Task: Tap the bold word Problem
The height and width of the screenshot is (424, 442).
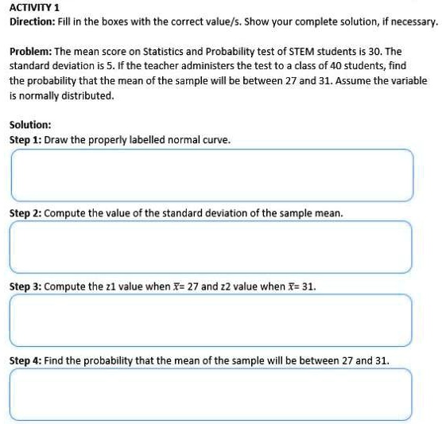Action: pos(30,50)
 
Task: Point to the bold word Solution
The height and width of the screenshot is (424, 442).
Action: pos(30,125)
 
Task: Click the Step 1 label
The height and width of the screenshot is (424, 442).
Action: pos(25,139)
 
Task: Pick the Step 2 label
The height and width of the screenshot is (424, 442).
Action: pos(25,213)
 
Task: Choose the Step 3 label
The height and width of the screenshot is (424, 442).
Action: pos(25,286)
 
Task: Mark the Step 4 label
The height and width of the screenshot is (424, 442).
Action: pos(25,360)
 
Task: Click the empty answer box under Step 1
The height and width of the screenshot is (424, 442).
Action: pos(211,175)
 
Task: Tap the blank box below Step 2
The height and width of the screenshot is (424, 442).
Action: pos(211,247)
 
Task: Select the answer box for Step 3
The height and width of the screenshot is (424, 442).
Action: pos(211,321)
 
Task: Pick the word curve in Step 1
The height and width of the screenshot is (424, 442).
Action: pos(215,139)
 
